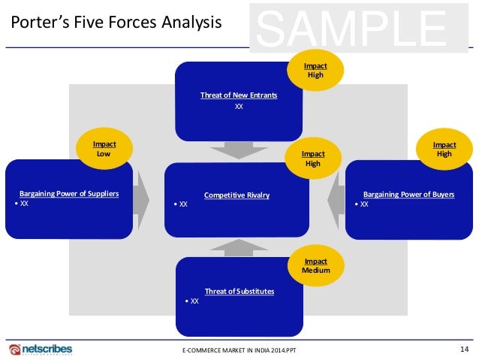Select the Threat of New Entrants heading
pos(239,95)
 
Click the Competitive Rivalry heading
pos(236,195)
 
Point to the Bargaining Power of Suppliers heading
pos(69,194)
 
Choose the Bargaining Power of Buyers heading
pos(408,194)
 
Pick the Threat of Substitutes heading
pos(239,291)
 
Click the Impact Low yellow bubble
pos(104,148)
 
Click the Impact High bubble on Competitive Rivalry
pos(313,158)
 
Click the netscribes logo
pos(42,349)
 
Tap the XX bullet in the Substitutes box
pos(192,301)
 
